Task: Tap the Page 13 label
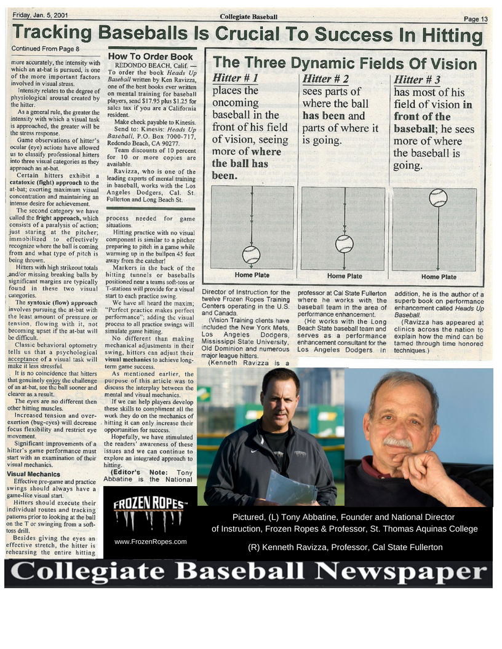click(476, 19)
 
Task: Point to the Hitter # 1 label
click(235, 79)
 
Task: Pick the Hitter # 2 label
click(325, 79)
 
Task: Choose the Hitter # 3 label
click(416, 79)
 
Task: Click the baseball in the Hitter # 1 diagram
click(251, 254)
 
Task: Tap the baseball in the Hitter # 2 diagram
click(345, 243)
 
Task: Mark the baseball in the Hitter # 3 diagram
click(438, 198)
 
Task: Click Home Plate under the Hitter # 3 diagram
click(439, 277)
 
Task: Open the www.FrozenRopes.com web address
click(150, 541)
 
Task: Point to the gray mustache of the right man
click(397, 442)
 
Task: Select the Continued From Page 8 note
click(45, 48)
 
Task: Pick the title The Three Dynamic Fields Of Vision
click(345, 63)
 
